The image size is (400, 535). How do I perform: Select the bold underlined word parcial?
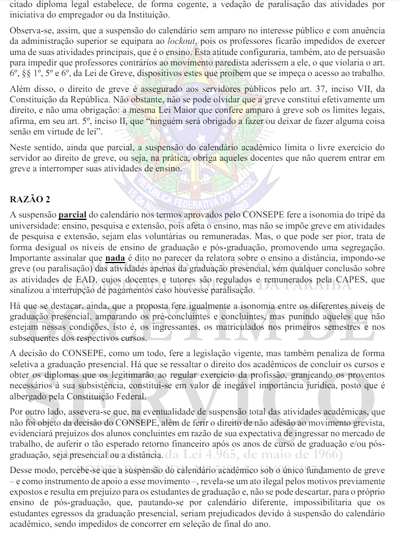pos(72,215)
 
